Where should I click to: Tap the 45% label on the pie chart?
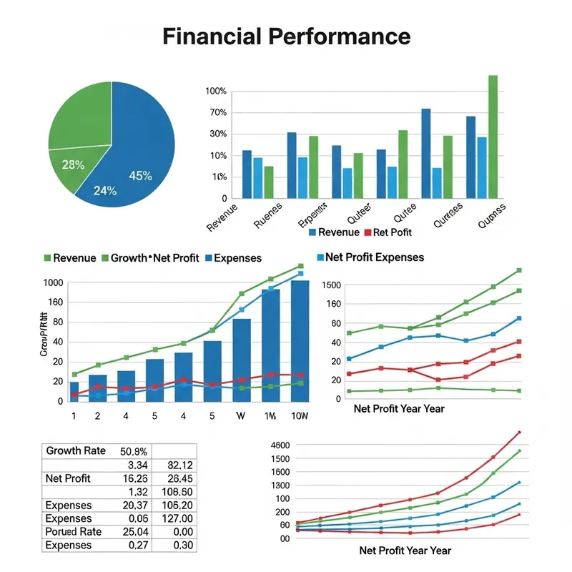tap(140, 176)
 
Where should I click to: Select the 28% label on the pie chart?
tap(73, 165)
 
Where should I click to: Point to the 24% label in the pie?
tap(105, 191)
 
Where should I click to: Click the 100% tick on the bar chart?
tap(215, 92)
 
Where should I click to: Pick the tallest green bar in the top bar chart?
tap(493, 136)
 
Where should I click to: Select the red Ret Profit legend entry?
tap(388, 232)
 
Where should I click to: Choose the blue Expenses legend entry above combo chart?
tap(232, 258)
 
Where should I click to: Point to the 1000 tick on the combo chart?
tap(53, 283)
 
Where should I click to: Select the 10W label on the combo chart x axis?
tap(300, 415)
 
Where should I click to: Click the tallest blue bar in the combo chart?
tap(300, 340)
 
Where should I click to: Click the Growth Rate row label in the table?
tap(75, 451)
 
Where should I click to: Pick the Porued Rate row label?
tap(74, 532)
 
